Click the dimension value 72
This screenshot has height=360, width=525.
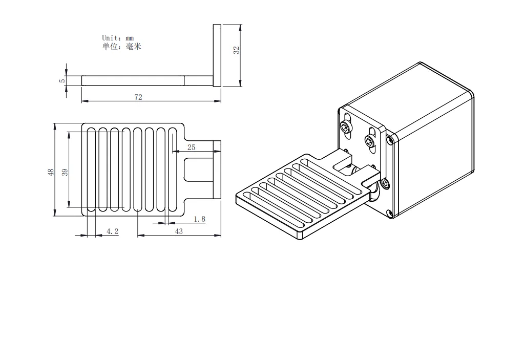(x=138, y=97)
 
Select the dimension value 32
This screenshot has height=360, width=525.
(x=237, y=50)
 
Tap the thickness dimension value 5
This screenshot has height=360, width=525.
(x=62, y=80)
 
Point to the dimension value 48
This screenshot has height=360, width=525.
(x=51, y=172)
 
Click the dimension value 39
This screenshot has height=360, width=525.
(x=65, y=172)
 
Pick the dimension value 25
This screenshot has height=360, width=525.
(x=191, y=147)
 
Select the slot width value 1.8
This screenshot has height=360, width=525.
(x=200, y=219)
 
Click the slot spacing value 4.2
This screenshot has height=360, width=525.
(x=112, y=231)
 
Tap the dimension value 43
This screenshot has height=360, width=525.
(x=179, y=231)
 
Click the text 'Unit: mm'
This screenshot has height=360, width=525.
(x=118, y=38)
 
